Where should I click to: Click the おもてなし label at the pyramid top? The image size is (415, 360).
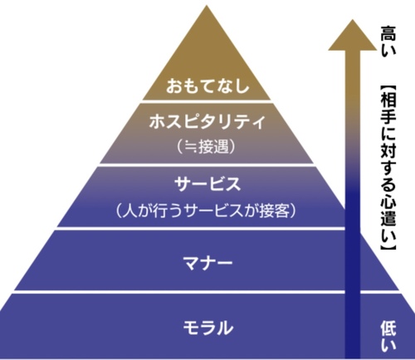[207, 85]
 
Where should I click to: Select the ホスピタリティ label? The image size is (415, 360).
[207, 121]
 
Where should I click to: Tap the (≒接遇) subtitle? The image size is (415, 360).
[207, 146]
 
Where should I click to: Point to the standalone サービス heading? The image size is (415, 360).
[207, 184]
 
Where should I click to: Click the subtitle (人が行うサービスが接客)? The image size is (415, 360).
[207, 211]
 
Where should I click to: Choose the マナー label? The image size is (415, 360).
[207, 262]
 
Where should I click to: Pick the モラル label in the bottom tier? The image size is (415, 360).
[208, 328]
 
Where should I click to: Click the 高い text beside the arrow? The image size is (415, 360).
[388, 41]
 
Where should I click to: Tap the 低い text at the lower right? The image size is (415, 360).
[388, 336]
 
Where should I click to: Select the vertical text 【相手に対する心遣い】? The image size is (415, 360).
[388, 168]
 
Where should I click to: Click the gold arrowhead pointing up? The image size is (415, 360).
[353, 35]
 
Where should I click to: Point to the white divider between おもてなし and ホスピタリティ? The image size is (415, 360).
[207, 102]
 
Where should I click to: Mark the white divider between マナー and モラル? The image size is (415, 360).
[207, 292]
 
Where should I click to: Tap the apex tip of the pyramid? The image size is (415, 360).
[207, 6]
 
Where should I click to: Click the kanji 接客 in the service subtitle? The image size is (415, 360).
[275, 211]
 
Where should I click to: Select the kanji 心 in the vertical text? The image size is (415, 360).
[388, 202]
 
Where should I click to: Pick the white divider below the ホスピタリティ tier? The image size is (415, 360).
[207, 165]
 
